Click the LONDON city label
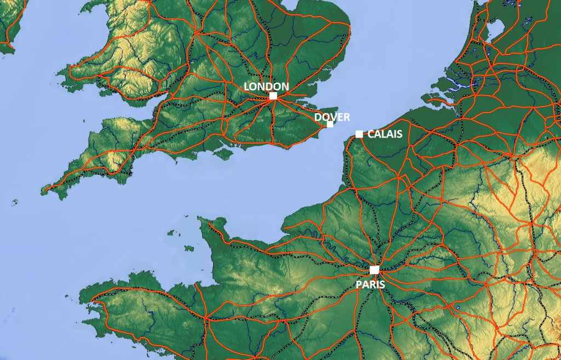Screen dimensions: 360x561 pos(266,86)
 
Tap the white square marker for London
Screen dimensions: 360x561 pos(273,96)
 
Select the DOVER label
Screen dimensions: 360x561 pos(332,117)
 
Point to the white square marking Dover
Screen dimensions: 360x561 pos(330,124)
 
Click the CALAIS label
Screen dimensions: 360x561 pos(385,134)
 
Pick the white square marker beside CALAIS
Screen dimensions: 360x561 pos(359,134)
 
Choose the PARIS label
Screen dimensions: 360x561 pos(370,284)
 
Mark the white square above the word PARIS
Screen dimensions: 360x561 pos(374,270)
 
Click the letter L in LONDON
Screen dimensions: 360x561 pos(247,86)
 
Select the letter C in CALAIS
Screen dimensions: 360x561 pos(370,134)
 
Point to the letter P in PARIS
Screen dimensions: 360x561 pos(359,284)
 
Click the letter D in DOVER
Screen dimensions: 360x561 pos(318,117)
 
